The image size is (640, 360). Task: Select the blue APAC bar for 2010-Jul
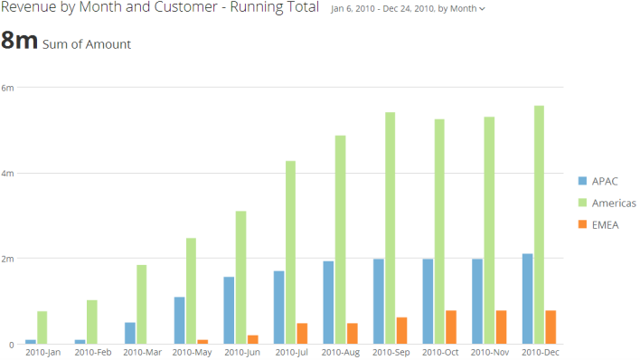pyautogui.click(x=279, y=308)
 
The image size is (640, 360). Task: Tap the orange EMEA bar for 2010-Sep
pyautogui.click(x=401, y=330)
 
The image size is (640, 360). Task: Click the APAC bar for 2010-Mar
pyautogui.click(x=130, y=333)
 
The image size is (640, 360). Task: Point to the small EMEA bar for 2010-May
pyautogui.click(x=202, y=342)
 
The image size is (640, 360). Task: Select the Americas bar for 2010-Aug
pyautogui.click(x=341, y=240)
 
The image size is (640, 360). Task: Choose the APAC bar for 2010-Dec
pyautogui.click(x=527, y=298)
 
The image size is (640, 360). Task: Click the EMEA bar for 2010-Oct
pyautogui.click(x=451, y=327)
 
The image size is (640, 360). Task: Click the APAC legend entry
pyautogui.click(x=605, y=180)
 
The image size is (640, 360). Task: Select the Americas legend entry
pyautogui.click(x=611, y=203)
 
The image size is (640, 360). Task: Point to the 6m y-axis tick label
pyautogui.click(x=8, y=88)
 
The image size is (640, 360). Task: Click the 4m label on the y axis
pyautogui.click(x=8, y=173)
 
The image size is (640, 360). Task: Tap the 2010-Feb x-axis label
pyautogui.click(x=91, y=352)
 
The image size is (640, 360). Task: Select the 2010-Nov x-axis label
pyautogui.click(x=489, y=352)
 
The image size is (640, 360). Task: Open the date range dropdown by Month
pyautogui.click(x=408, y=9)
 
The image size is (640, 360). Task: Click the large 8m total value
pyautogui.click(x=19, y=42)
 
